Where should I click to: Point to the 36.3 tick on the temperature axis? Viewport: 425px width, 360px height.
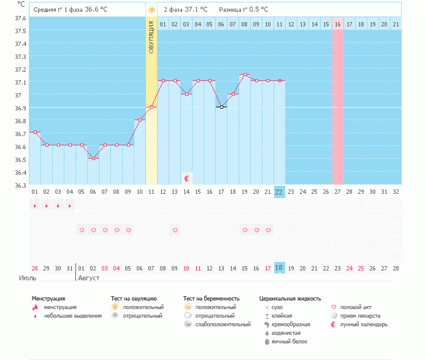[20, 185]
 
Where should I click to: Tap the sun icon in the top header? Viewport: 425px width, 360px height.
[151, 10]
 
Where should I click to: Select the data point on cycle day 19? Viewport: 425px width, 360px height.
[245, 75]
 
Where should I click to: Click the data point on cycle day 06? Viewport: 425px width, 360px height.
[93, 158]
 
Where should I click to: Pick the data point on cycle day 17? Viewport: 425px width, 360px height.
[221, 107]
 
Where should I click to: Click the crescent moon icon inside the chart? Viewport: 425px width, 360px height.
[187, 178]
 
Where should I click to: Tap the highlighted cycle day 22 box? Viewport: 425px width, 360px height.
[280, 191]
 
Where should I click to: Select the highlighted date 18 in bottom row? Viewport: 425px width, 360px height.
[280, 268]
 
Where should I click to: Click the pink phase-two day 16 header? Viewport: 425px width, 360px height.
[338, 24]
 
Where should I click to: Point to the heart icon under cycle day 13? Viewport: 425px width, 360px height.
[175, 230]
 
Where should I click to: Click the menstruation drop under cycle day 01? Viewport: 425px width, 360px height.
[35, 205]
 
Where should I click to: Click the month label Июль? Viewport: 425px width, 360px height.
[28, 278]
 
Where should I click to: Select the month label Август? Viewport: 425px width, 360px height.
[88, 278]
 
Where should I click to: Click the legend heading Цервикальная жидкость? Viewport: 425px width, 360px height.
[290, 299]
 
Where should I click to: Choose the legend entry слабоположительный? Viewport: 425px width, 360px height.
[215, 324]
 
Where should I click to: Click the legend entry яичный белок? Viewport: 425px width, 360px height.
[290, 341]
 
